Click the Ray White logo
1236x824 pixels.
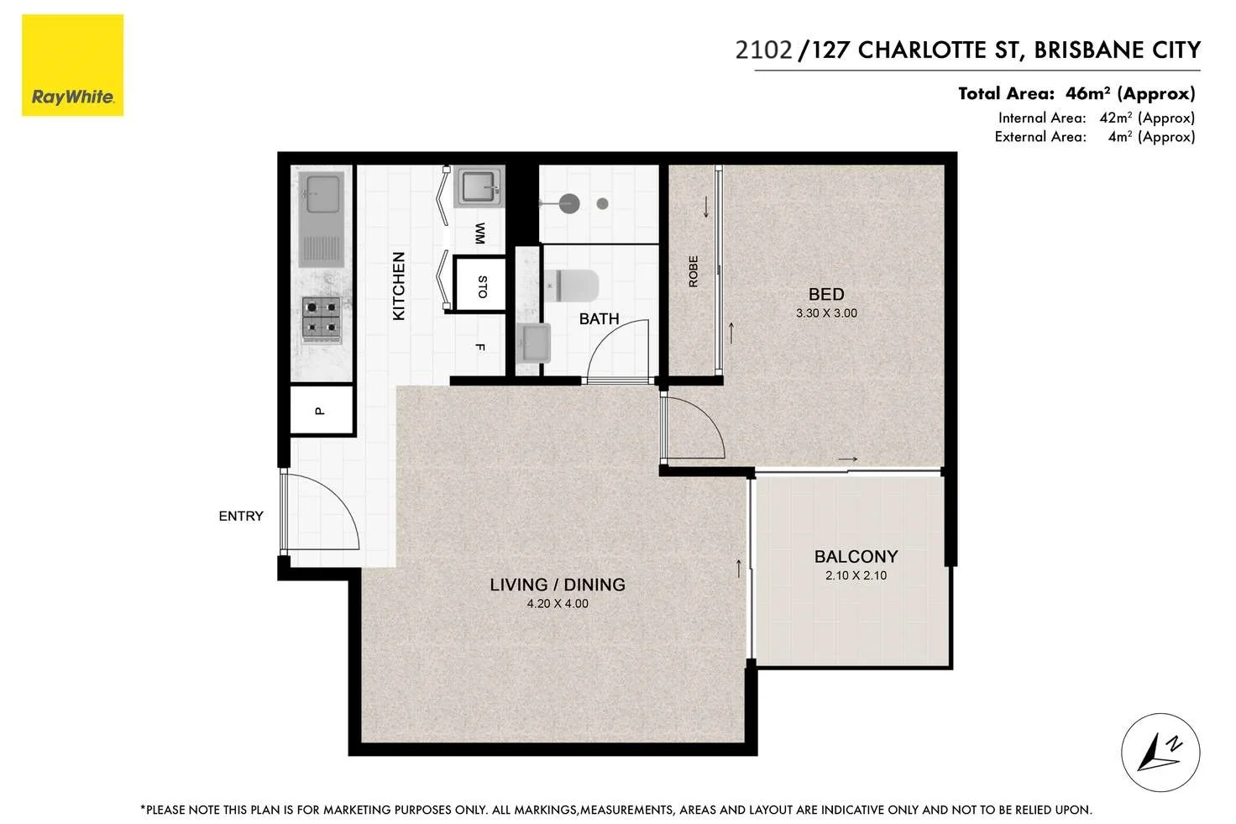tap(72, 66)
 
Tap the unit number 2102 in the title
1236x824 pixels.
tap(763, 50)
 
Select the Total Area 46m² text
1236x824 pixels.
tap(1076, 93)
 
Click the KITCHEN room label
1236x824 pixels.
tap(399, 286)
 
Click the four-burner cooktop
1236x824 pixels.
tap(322, 319)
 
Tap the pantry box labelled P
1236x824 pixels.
tap(321, 410)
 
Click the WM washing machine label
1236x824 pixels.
tap(479, 233)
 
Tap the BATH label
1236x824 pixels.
tap(599, 319)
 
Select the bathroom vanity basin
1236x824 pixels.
tap(532, 344)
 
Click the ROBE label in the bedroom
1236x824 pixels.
tap(694, 271)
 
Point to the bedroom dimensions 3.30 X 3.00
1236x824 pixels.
tap(826, 313)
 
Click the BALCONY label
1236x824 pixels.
tap(856, 557)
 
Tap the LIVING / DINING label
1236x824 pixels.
tap(558, 585)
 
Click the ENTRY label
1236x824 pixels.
tap(241, 516)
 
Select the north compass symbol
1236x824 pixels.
tap(1160, 753)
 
